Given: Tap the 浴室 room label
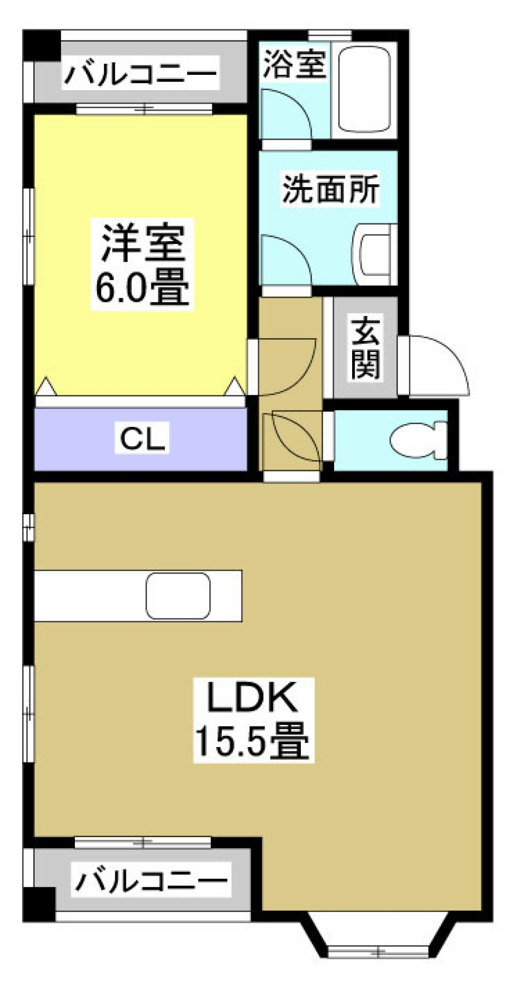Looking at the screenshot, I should pos(294,64).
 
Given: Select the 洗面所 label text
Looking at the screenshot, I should pos(330,189).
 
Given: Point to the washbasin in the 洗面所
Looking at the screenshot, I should pos(376,254).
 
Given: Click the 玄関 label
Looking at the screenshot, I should pos(365,348).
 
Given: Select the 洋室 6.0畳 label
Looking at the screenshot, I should pos(142,264).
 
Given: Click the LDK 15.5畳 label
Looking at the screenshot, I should pos(254,719).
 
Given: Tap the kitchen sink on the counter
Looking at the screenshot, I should pos(178,595).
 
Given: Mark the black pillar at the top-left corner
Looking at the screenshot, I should pos(42,45).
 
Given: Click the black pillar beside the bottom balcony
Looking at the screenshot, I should pos(39,904).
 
